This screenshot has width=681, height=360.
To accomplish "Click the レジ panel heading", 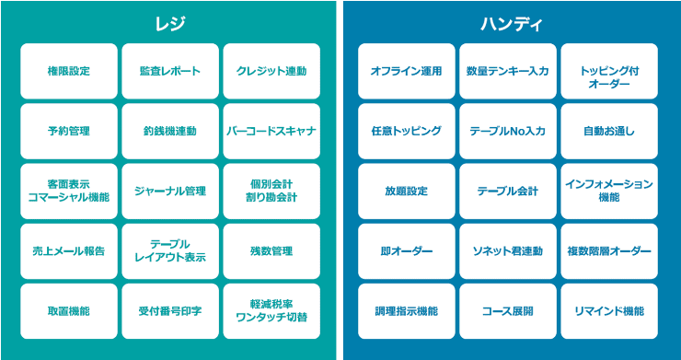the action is pyautogui.click(x=170, y=23).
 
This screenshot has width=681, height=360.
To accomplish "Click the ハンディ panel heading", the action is pyautogui.click(x=508, y=23).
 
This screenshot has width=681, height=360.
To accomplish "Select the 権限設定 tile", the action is pyautogui.click(x=69, y=71).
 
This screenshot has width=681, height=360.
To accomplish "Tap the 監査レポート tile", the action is pyautogui.click(x=170, y=71).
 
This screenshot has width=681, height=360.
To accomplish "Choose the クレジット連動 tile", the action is pyautogui.click(x=271, y=71).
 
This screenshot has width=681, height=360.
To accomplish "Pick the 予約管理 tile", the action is pyautogui.click(x=69, y=131).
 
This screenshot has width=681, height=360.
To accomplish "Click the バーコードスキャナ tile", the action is pyautogui.click(x=271, y=131).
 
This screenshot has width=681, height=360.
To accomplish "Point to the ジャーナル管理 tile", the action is pyautogui.click(x=170, y=192).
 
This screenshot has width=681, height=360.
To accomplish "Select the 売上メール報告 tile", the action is pyautogui.click(x=69, y=251).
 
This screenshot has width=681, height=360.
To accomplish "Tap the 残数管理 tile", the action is pyautogui.click(x=271, y=251).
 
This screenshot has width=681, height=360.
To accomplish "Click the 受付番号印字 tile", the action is pyautogui.click(x=170, y=311).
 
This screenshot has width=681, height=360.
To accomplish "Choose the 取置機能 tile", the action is pyautogui.click(x=69, y=311).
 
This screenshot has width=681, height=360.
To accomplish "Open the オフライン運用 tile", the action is pyautogui.click(x=407, y=71).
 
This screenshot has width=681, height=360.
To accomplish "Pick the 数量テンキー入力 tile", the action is pyautogui.click(x=508, y=71).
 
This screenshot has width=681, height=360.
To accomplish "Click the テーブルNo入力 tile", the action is pyautogui.click(x=508, y=131).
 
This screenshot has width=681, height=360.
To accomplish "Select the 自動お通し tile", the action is pyautogui.click(x=609, y=131).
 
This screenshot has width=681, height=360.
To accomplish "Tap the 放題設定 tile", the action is pyautogui.click(x=407, y=192).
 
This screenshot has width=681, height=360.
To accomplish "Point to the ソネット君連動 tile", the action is pyautogui.click(x=508, y=251).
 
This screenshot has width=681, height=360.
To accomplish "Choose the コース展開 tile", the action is pyautogui.click(x=508, y=311).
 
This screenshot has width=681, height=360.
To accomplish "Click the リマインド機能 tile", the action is pyautogui.click(x=609, y=311).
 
